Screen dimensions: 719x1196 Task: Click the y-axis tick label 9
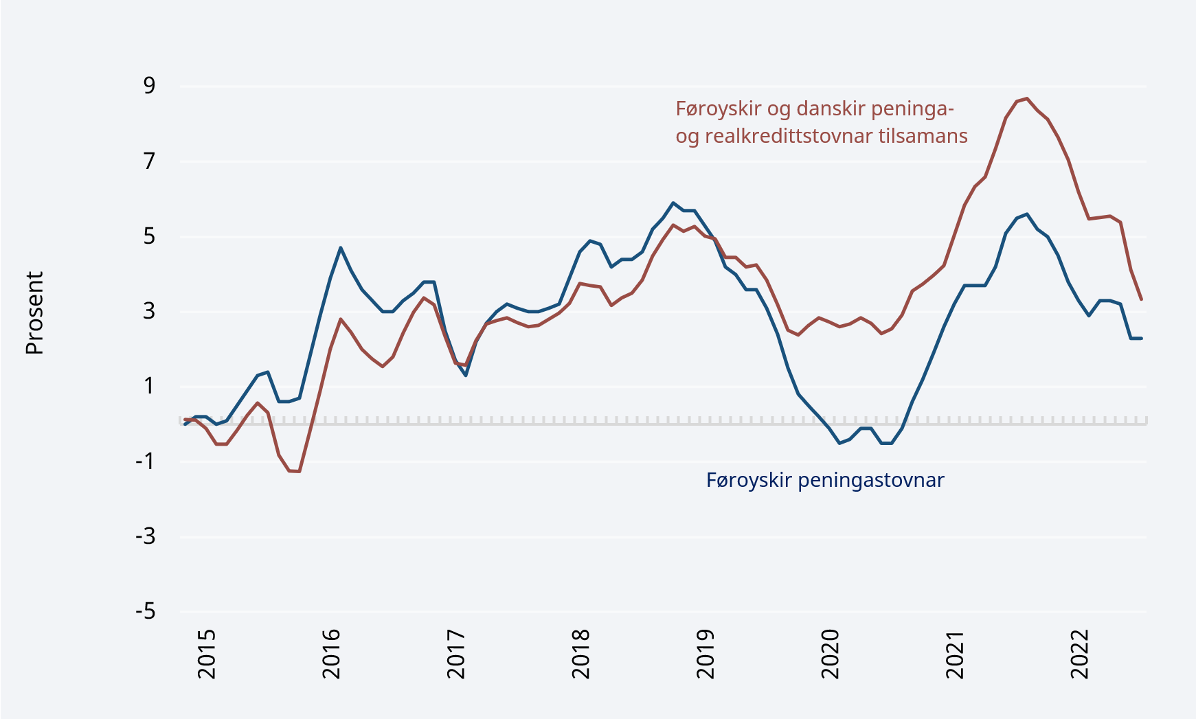(x=149, y=86)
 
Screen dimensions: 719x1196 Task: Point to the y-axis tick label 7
(x=149, y=161)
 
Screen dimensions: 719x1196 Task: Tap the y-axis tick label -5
(x=146, y=611)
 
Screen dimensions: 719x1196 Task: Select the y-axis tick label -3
(x=146, y=536)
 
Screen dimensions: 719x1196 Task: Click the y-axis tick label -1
(x=146, y=461)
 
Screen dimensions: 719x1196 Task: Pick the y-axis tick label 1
(x=149, y=386)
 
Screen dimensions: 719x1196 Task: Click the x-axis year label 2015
(x=207, y=653)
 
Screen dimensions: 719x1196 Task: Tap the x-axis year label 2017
(x=456, y=653)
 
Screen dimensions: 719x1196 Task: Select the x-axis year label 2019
(x=706, y=653)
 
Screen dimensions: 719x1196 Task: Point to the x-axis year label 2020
(x=831, y=653)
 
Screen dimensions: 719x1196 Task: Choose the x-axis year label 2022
(x=1080, y=653)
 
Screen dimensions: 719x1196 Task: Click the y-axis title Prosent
(x=34, y=313)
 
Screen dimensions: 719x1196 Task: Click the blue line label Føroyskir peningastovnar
(x=825, y=480)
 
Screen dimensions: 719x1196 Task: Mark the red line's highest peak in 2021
(x=1026, y=98)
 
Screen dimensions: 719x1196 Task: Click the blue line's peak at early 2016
(x=340, y=248)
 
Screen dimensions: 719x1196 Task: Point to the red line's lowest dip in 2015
(x=299, y=471)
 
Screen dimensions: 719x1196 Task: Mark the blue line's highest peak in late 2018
(x=673, y=203)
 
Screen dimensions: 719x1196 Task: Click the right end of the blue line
(x=1141, y=338)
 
